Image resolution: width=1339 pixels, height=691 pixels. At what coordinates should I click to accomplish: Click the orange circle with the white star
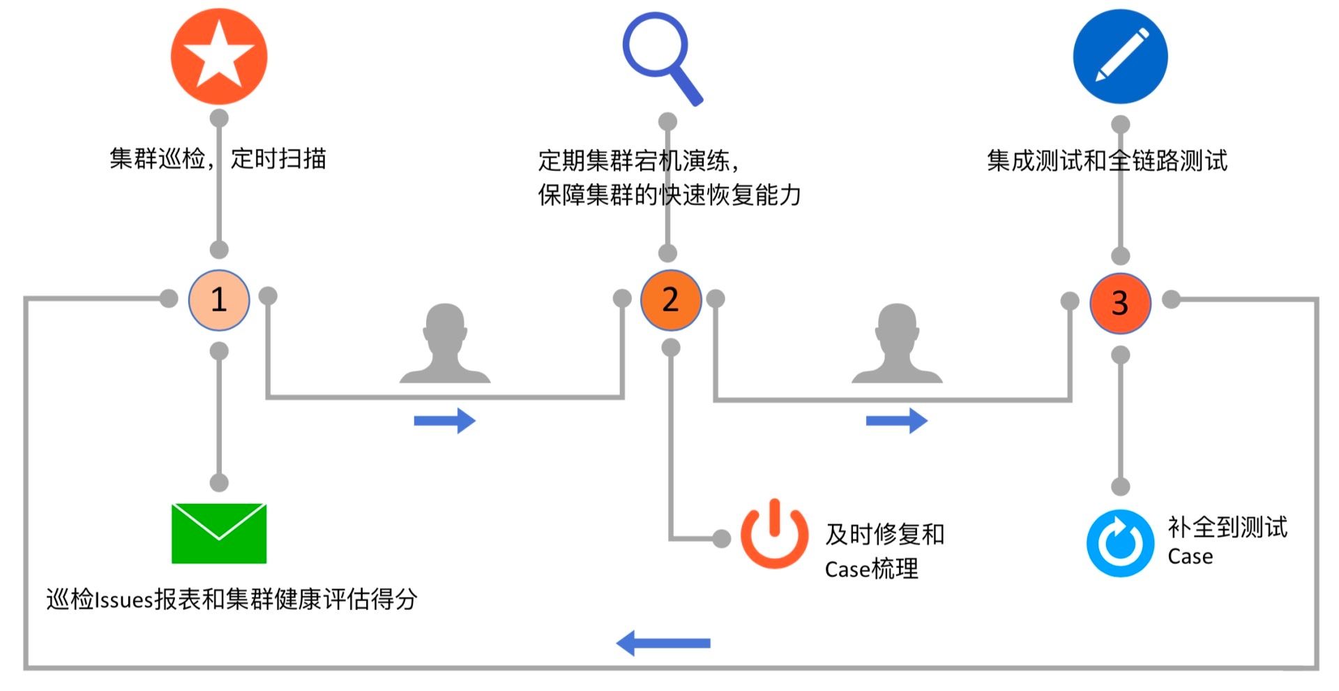coord(219,57)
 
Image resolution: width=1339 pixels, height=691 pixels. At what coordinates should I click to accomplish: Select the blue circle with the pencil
coord(1120,57)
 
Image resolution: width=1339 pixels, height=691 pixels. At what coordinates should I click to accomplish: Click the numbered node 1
coord(219,300)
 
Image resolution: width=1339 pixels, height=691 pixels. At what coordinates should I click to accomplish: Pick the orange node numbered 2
coord(670,300)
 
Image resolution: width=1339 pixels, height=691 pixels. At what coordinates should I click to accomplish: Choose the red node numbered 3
coord(1120,303)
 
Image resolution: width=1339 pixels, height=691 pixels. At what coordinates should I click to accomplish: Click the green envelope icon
coord(219,533)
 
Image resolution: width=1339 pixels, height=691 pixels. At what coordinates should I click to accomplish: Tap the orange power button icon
coord(774,535)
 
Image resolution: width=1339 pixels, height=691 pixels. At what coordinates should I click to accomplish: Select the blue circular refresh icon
coord(1120,543)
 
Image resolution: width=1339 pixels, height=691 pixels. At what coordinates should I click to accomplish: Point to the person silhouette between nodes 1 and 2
coord(445,344)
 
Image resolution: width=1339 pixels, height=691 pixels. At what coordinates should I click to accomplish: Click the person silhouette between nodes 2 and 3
coord(897,344)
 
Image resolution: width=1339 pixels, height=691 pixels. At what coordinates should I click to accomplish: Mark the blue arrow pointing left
coord(663,643)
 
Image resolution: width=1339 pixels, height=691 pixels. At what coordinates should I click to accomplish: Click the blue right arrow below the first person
coord(444,421)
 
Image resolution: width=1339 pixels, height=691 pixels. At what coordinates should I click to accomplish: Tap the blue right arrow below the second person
coord(896,421)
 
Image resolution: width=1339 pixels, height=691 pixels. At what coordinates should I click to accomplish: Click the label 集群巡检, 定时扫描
coord(218,159)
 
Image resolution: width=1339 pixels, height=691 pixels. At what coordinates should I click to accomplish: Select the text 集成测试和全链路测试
coord(1107,161)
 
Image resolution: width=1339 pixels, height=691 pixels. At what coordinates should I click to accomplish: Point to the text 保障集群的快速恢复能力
coord(669,195)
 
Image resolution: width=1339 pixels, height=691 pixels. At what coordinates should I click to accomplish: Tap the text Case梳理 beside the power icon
coord(871,570)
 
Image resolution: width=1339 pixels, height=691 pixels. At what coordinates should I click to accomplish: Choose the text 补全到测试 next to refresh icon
coord(1227,528)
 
